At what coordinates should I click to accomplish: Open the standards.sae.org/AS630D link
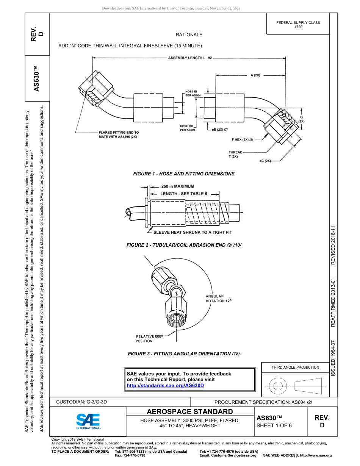[x=165, y=385]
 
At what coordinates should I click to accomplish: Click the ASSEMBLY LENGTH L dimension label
[x=189, y=58]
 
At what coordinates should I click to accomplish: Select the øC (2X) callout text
[x=265, y=161]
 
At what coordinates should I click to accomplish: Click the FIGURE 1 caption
[x=184, y=174]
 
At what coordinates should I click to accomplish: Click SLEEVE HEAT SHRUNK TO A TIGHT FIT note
[x=192, y=232]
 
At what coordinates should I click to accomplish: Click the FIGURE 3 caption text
[x=184, y=354]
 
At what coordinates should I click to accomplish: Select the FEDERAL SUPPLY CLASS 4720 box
[x=298, y=25]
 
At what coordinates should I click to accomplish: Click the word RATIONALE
[x=189, y=35]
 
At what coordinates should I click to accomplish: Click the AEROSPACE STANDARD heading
[x=190, y=412]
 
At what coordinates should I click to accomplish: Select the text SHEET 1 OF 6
[x=274, y=425]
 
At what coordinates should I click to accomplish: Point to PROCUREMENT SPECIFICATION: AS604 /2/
[x=263, y=402]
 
